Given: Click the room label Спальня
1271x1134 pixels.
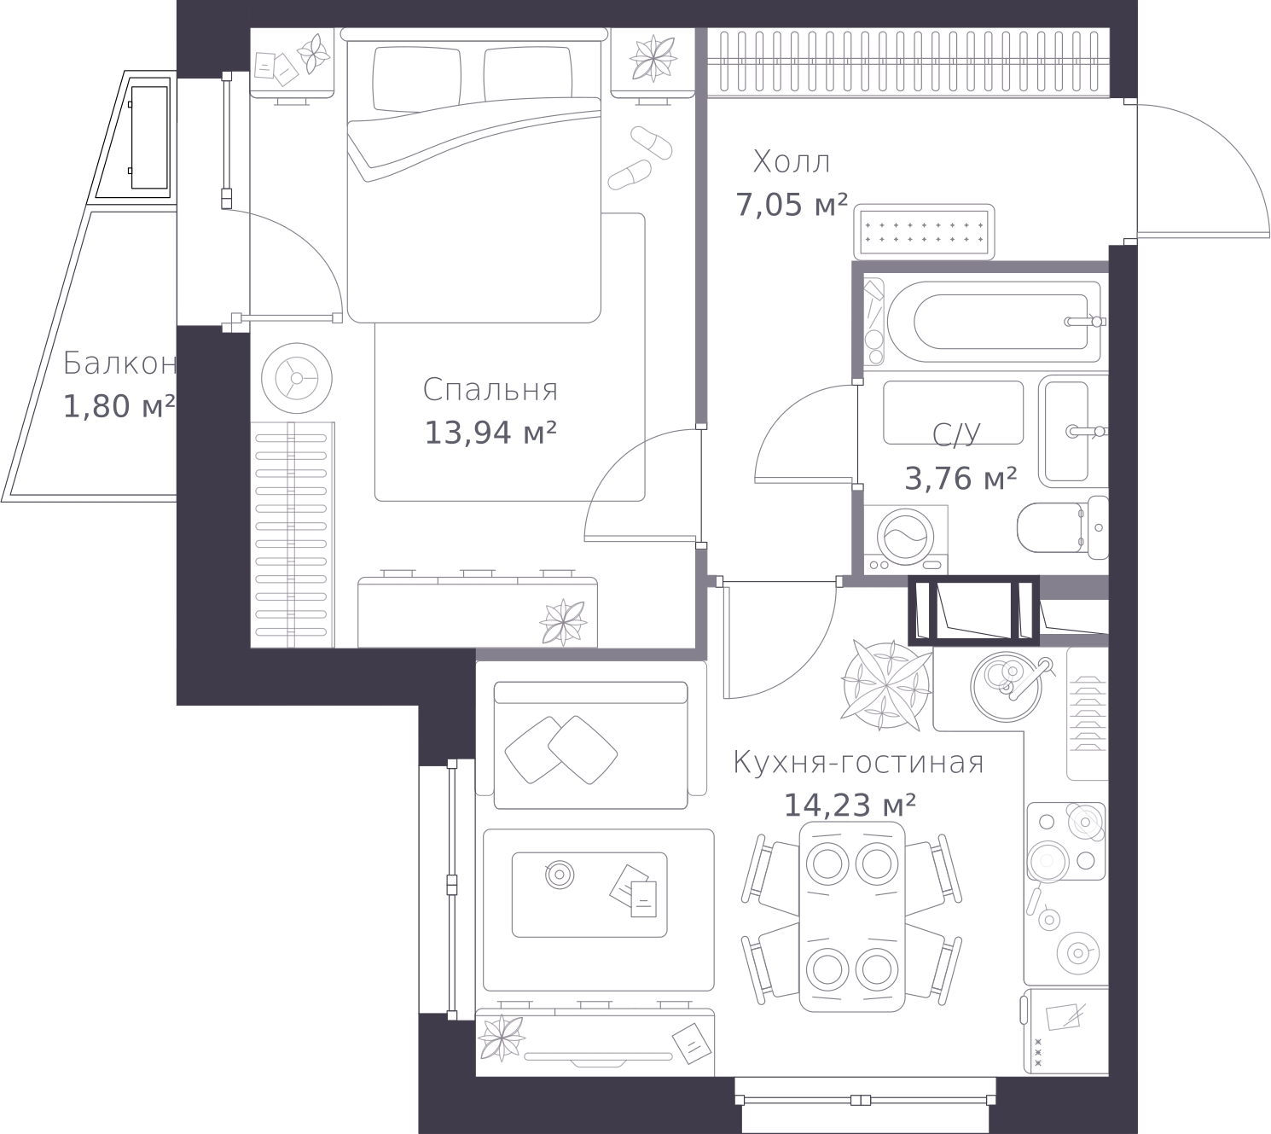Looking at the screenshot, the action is [490, 390].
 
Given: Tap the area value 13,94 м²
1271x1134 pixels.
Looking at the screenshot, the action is [490, 433].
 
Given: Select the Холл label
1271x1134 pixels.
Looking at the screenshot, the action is [792, 162].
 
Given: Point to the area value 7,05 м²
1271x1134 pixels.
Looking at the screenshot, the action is [791, 205].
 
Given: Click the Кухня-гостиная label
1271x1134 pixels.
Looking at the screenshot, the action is [858, 763].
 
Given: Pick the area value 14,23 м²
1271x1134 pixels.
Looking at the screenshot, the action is [850, 805].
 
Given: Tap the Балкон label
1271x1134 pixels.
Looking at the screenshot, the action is [119, 363].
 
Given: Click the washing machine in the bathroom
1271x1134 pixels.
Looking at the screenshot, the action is [905, 539].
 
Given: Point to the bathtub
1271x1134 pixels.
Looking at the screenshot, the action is [994, 322].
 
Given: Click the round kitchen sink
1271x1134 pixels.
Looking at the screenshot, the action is [1006, 687].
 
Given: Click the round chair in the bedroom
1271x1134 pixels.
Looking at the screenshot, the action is [296, 378].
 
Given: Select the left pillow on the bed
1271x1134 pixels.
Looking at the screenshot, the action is [416, 78].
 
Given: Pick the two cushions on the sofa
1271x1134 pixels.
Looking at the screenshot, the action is [560, 750].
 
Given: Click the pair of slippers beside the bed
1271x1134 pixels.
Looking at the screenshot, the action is [640, 158].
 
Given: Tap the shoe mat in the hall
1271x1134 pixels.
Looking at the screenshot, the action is [924, 231].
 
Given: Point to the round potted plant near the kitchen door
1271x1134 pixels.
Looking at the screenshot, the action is [885, 684].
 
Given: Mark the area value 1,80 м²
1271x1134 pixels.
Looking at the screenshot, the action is [119, 406].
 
